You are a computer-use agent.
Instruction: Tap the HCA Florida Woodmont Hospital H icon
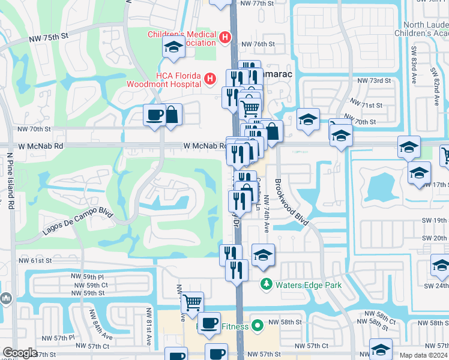209,79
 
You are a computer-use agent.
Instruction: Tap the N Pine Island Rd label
10,180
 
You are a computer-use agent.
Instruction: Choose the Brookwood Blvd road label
292,202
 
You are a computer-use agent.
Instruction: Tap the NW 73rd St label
374,80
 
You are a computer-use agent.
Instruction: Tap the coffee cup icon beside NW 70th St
154,115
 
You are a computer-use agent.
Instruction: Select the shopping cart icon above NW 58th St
192,302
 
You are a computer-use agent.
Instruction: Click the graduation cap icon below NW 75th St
173,47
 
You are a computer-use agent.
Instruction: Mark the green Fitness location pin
258,326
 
